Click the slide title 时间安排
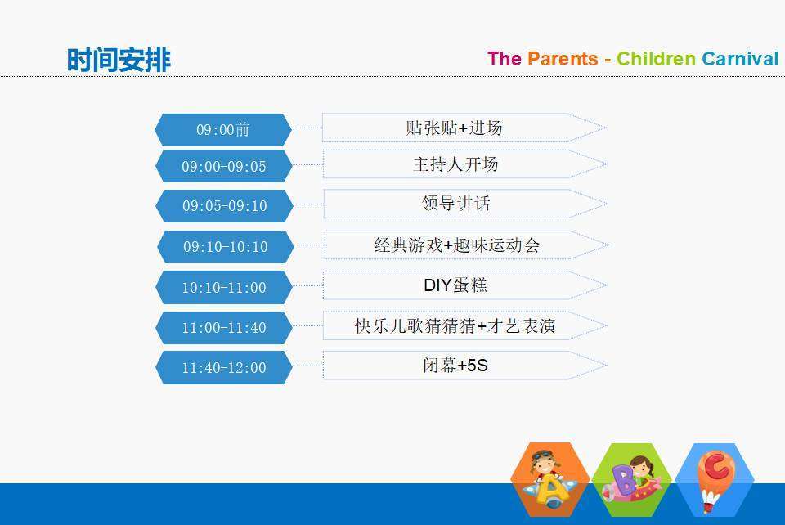[119, 60]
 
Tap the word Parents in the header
[563, 59]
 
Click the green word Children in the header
[656, 59]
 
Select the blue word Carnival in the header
[740, 59]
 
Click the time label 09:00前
[223, 130]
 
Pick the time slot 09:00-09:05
[224, 166]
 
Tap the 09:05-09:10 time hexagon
[224, 206]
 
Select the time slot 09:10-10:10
[226, 247]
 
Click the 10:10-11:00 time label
[224, 287]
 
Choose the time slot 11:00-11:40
[224, 328]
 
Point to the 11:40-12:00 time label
[224, 368]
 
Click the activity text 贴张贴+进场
[454, 128]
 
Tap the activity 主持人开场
[455, 164]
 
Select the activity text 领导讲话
[456, 204]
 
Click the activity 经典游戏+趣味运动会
[457, 245]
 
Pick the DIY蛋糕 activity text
[455, 285]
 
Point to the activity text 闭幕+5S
[455, 366]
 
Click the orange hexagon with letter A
[550, 479]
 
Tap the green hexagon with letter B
[632, 479]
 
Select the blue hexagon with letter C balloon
[715, 479]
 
